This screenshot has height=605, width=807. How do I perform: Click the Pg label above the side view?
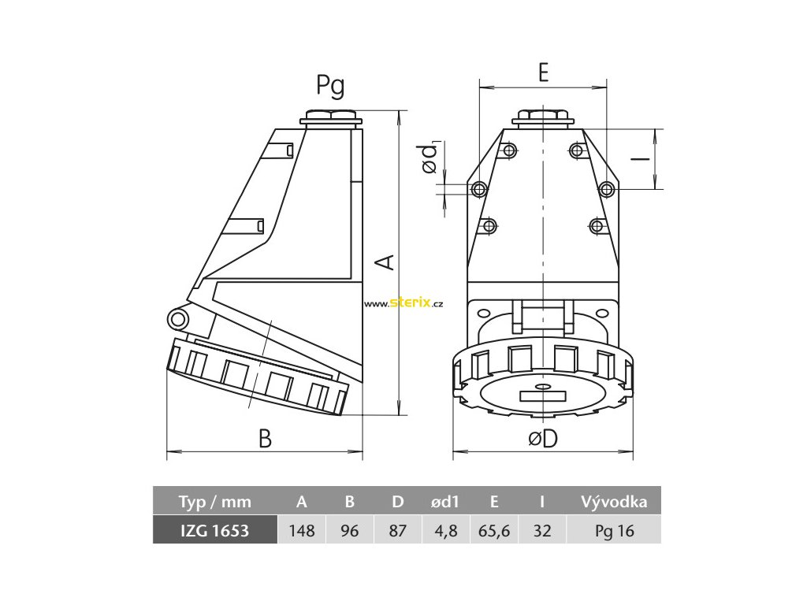click(330, 86)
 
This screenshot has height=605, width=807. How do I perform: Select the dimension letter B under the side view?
click(265, 439)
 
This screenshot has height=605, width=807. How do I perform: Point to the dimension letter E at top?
click(544, 72)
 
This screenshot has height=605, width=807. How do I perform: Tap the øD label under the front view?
click(543, 439)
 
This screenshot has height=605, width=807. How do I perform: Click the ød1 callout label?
click(430, 158)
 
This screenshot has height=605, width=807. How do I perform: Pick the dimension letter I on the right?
click(641, 159)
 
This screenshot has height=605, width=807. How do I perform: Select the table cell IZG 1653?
click(215, 530)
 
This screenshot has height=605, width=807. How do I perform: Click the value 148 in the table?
click(302, 530)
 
